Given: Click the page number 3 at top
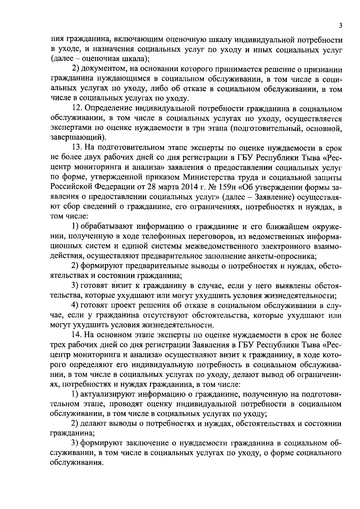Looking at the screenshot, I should [340, 26].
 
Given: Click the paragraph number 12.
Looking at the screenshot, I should [77, 109].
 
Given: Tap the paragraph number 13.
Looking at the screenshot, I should [77, 148].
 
